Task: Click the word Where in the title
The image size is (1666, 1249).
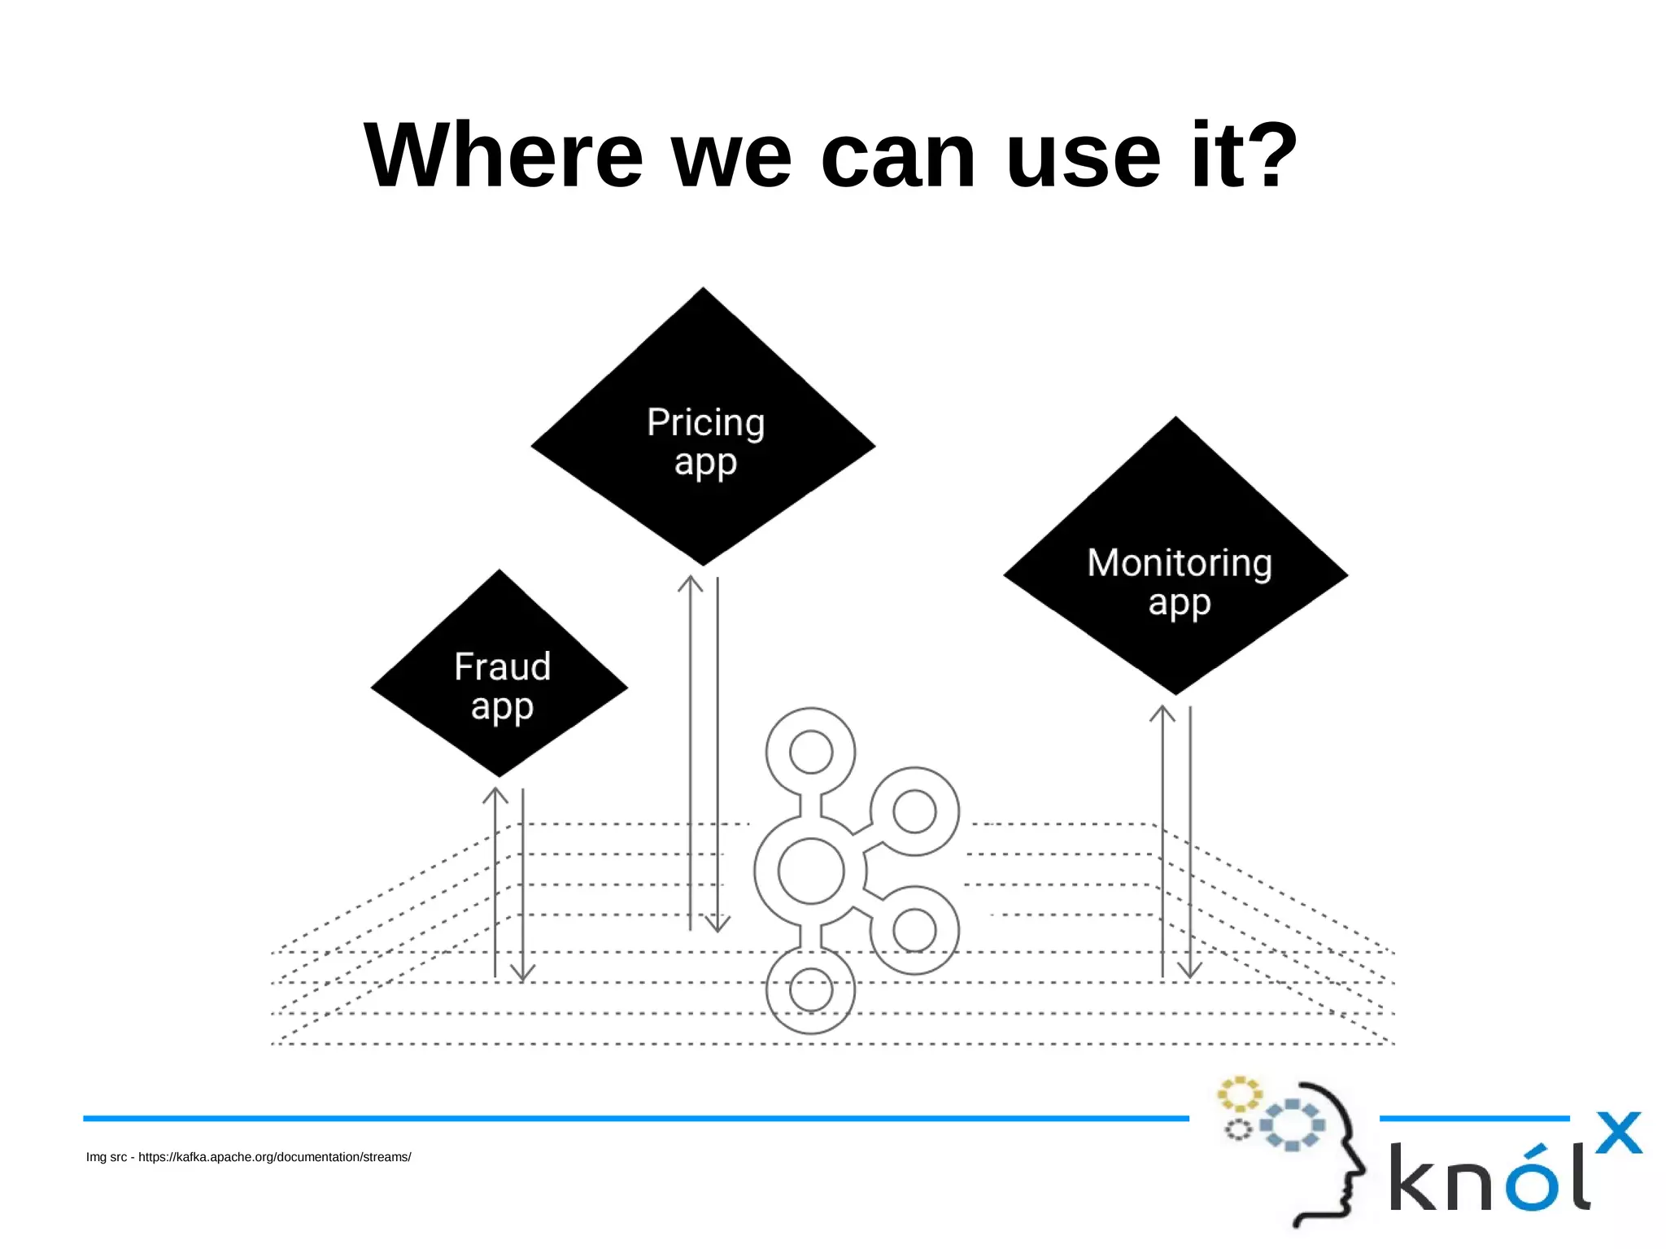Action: pyautogui.click(x=504, y=155)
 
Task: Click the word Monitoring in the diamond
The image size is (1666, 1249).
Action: pyautogui.click(x=1180, y=563)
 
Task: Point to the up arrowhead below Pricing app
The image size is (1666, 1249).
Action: pyautogui.click(x=691, y=583)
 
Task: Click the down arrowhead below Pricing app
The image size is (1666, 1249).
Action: pyautogui.click(x=717, y=924)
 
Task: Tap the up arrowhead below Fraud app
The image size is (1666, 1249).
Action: pyautogui.click(x=495, y=795)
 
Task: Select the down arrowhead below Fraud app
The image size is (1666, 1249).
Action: pyautogui.click(x=522, y=973)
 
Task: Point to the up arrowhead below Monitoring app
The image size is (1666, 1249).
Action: pyautogui.click(x=1162, y=714)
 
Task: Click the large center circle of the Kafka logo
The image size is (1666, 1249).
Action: pyautogui.click(x=811, y=871)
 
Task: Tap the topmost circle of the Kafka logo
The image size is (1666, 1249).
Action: pyautogui.click(x=811, y=752)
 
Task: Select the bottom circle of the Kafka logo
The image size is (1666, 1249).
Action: pyautogui.click(x=811, y=990)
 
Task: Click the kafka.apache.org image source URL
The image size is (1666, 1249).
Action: pyautogui.click(x=274, y=1157)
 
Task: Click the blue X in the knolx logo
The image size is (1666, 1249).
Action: pyautogui.click(x=1618, y=1133)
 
